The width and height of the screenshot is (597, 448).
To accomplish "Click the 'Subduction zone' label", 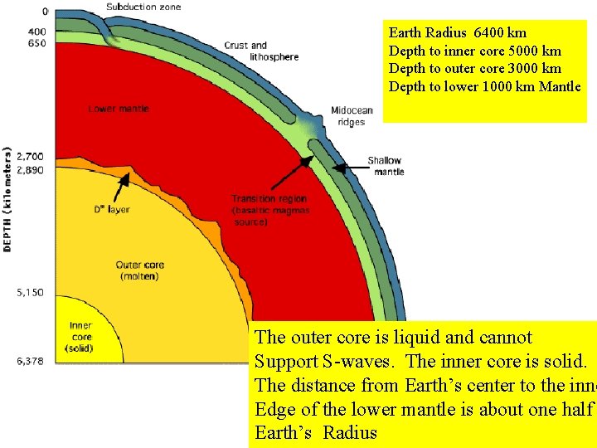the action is coord(143,7).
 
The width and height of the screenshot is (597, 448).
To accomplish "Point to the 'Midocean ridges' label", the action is coord(352,116).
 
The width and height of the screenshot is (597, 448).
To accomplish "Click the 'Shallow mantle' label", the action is coord(385,166).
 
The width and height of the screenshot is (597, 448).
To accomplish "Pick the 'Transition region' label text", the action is coord(269,199).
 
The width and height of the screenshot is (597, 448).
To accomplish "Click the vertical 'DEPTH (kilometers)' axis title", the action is coord(8,198).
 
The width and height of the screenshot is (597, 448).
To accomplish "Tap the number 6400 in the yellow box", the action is coord(489,33).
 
